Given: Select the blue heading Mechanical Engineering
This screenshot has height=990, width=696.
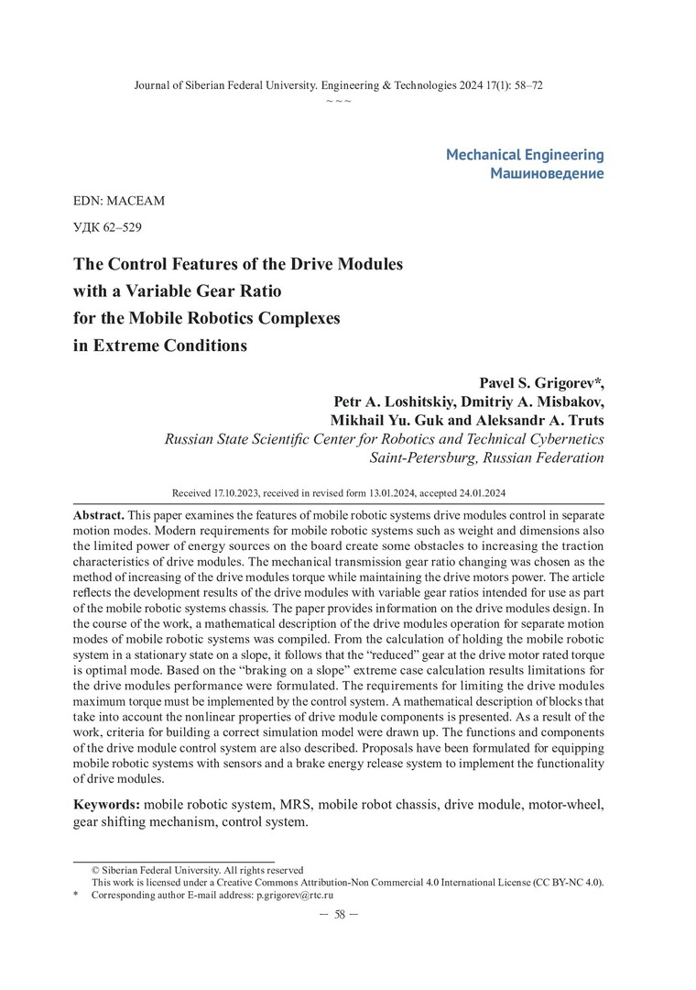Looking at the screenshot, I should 525,155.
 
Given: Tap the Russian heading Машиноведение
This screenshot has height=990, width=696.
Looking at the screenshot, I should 547,173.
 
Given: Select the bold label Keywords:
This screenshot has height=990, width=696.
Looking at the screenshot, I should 106,805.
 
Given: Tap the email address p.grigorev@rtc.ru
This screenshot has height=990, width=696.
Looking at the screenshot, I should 294,894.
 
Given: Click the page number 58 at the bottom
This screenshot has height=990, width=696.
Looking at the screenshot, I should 339,915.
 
